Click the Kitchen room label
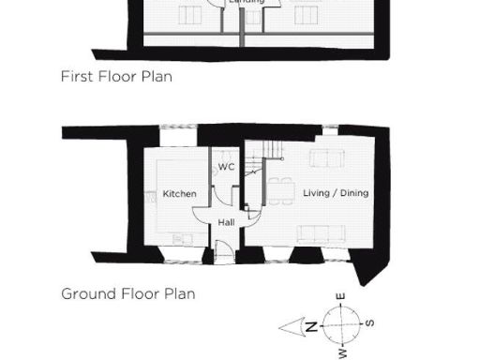pos(179,194)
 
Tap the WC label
pos(226,167)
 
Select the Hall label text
pos(226,223)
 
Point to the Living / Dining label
pos(336,193)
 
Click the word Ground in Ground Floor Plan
pos(88,293)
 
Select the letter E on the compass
pos(342,297)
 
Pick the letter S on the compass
pos(370,323)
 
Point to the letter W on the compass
pos(342,353)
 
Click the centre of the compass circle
pos(342,325)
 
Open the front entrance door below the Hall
pos(222,250)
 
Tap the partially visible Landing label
pos(247,3)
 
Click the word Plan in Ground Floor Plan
pos(180,293)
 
